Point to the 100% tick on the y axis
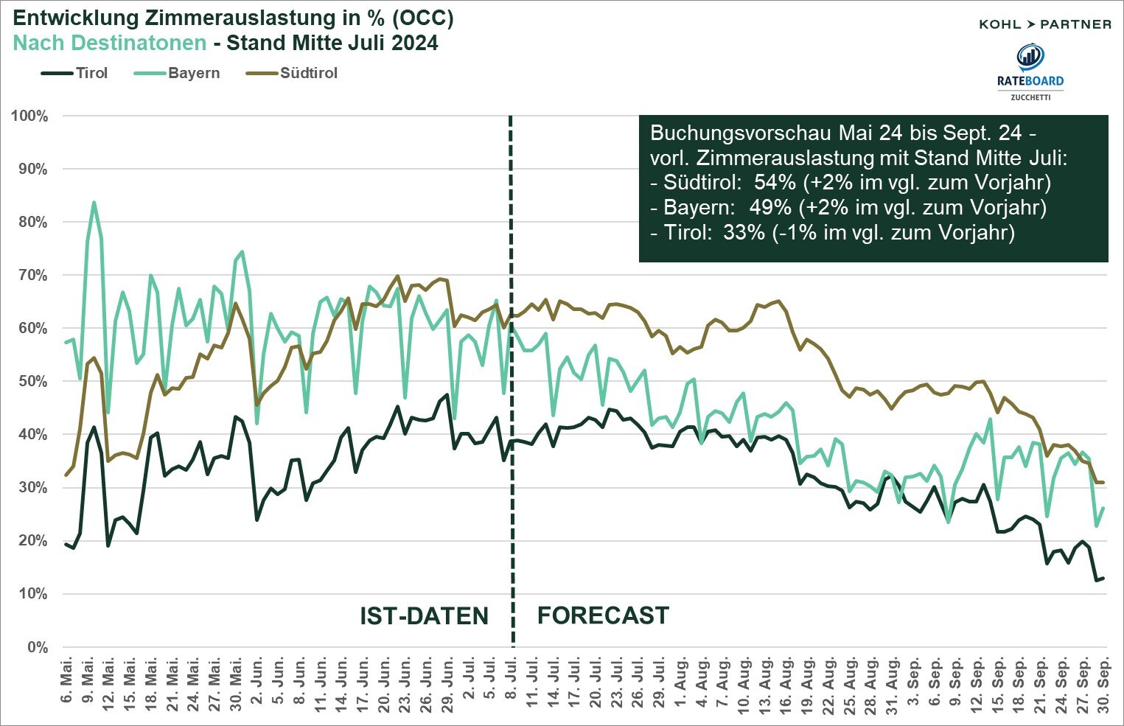[x=29, y=116]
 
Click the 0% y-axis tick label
[x=37, y=647]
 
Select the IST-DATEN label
[x=424, y=616]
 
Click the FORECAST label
[x=603, y=615]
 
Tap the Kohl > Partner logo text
[x=1044, y=24]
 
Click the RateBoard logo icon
[x=1030, y=57]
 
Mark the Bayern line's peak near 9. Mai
[x=94, y=202]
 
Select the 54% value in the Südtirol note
[x=770, y=183]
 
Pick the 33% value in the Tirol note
[x=744, y=233]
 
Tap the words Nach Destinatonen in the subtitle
[x=110, y=43]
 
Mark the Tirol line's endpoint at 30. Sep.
[x=1103, y=578]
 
